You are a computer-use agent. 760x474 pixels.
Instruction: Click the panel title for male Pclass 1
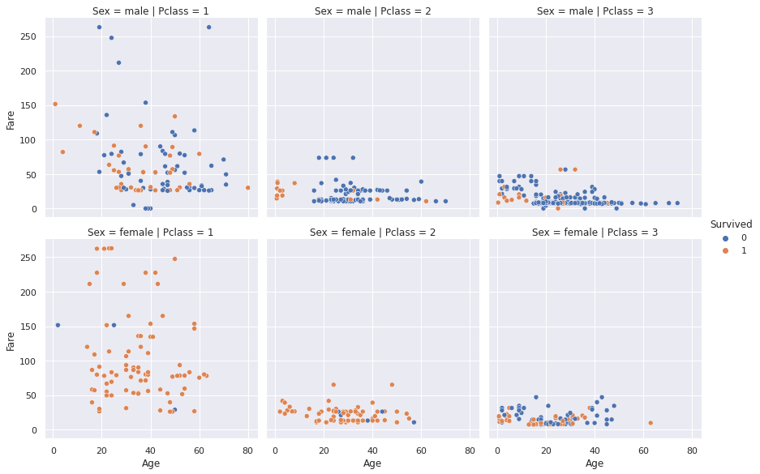click(150, 11)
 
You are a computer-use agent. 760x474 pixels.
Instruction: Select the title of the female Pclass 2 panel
click(372, 233)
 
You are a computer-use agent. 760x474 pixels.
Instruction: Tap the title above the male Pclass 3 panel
click(595, 11)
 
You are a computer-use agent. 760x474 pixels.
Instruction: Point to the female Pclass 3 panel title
click(595, 233)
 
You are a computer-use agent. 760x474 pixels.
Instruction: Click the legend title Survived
click(734, 224)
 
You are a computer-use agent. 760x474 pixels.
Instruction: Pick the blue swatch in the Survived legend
click(725, 240)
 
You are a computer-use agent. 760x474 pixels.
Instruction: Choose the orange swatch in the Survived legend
click(725, 254)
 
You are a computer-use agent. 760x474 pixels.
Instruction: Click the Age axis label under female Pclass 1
click(150, 463)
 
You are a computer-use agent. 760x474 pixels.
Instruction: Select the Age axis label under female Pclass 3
click(595, 463)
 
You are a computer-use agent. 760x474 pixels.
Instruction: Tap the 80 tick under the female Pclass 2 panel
click(470, 449)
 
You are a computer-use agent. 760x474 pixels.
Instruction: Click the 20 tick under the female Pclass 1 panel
click(102, 449)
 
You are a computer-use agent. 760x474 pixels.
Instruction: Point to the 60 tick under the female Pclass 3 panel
click(643, 449)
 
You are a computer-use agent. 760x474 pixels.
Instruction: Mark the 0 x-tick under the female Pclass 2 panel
click(276, 449)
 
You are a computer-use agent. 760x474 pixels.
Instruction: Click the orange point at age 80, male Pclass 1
click(248, 188)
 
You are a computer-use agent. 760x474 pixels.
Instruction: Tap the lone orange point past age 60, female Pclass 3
click(651, 423)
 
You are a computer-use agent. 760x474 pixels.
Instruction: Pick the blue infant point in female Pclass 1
click(58, 325)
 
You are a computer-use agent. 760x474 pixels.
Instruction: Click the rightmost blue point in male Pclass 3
click(677, 203)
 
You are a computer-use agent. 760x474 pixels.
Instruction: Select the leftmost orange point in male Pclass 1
click(54, 104)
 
